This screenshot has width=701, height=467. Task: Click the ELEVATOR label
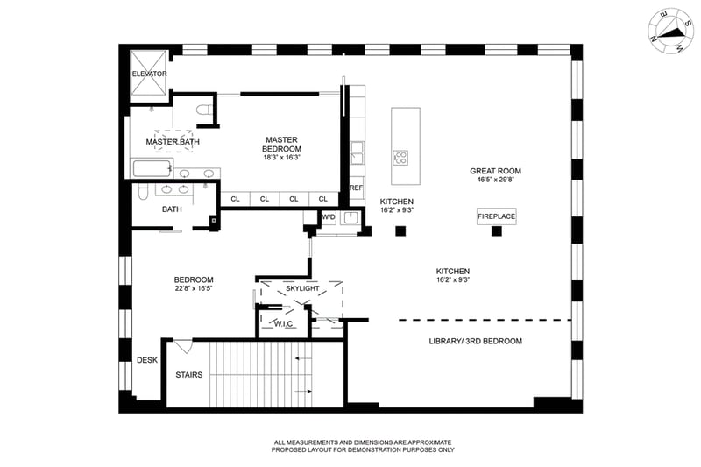point(149,74)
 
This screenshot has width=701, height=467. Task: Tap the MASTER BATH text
point(173,142)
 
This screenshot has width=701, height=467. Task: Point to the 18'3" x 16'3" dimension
point(281,158)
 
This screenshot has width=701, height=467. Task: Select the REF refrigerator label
point(357,188)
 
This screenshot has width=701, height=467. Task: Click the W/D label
point(329,217)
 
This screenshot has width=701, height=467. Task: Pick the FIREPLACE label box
point(496,216)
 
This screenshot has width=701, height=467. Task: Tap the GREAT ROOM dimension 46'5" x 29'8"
point(495,180)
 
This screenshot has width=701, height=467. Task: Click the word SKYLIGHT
point(302,288)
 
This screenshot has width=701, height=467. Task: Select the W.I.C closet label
point(283,323)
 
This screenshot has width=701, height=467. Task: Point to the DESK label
point(147,360)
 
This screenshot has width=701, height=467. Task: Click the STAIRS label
point(188,374)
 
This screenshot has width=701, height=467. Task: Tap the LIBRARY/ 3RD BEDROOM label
point(475,341)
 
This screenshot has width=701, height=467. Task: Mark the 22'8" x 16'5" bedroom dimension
point(193,288)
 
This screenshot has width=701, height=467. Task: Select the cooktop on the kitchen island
point(400,158)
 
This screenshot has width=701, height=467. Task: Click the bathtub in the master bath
point(152,168)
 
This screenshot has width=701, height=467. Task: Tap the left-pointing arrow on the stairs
point(302,358)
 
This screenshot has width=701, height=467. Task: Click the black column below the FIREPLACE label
point(496,231)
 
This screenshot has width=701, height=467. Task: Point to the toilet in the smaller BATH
point(143,192)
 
